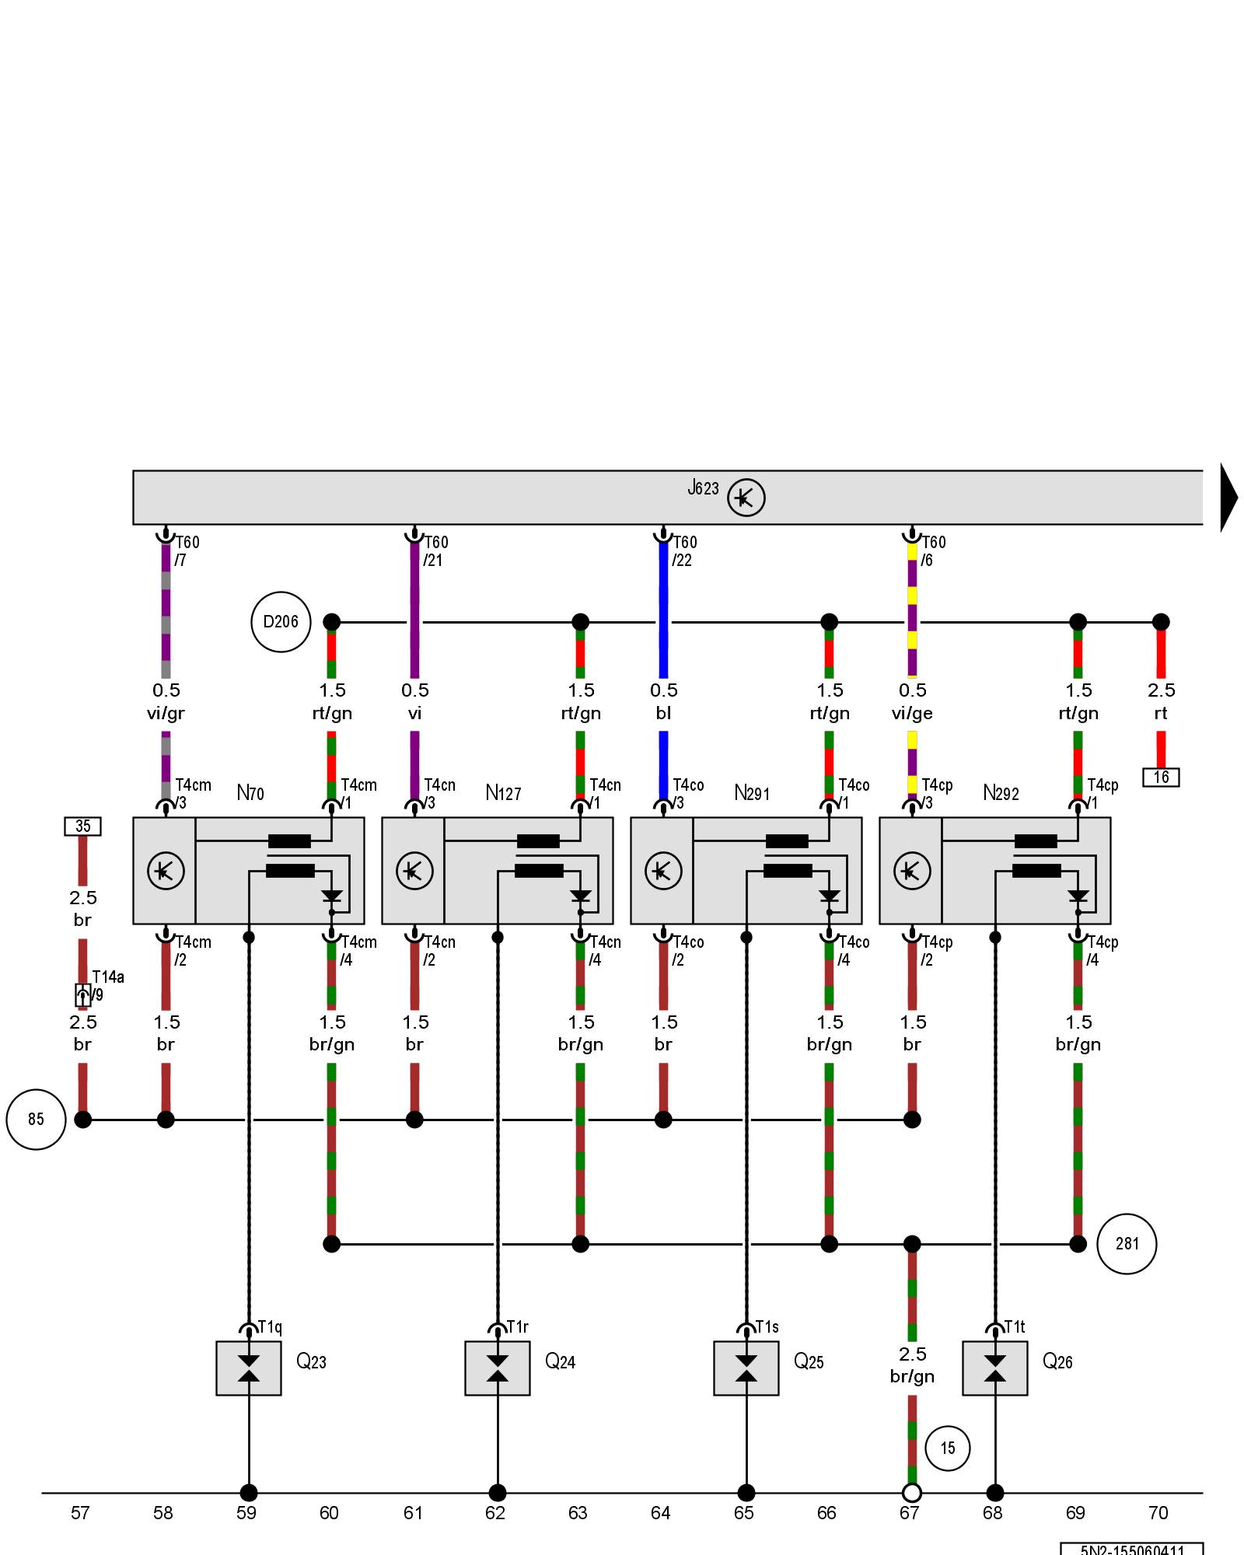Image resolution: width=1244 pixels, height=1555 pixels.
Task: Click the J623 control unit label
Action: click(x=703, y=488)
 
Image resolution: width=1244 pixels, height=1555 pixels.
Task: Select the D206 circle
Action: click(x=281, y=622)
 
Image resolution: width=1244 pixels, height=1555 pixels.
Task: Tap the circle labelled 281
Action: click(x=1127, y=1244)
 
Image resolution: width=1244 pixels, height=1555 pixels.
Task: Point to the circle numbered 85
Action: click(x=36, y=1120)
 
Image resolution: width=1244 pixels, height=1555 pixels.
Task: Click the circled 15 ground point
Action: click(x=947, y=1448)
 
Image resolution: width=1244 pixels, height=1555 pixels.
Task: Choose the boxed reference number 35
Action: click(x=82, y=826)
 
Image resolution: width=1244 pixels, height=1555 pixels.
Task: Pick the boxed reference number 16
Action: click(x=1161, y=777)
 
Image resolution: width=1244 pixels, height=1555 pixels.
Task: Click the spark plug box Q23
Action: click(x=249, y=1368)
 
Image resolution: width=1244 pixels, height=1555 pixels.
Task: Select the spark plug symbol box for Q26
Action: click(x=994, y=1368)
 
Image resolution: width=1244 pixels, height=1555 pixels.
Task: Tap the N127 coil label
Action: click(x=503, y=793)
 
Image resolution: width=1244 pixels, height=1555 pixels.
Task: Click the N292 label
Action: click(x=1001, y=793)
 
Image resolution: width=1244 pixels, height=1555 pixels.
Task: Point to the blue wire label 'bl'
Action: click(x=663, y=713)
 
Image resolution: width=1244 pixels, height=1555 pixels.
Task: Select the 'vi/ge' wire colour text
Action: click(x=912, y=713)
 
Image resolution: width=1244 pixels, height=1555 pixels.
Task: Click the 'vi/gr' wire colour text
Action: click(x=166, y=713)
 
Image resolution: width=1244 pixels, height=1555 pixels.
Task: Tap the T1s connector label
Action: click(x=767, y=1327)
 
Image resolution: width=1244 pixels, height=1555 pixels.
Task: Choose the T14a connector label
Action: click(x=108, y=977)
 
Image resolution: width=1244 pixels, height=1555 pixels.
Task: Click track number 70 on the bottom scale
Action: click(x=1158, y=1513)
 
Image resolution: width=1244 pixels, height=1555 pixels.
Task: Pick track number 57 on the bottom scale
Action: click(x=80, y=1513)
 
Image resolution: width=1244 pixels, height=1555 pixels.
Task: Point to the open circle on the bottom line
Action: click(x=912, y=1493)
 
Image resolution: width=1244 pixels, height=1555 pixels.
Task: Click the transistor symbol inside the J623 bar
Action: click(x=746, y=498)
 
